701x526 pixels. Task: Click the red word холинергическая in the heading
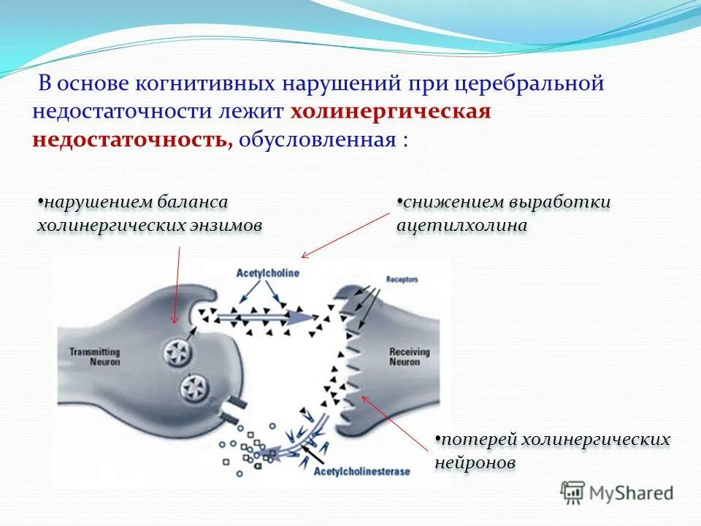[391, 112]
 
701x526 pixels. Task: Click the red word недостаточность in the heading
[130, 140]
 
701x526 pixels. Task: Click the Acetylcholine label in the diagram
[267, 272]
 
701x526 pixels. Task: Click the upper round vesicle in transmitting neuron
[177, 354]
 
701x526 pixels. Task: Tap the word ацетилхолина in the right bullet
[461, 226]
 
